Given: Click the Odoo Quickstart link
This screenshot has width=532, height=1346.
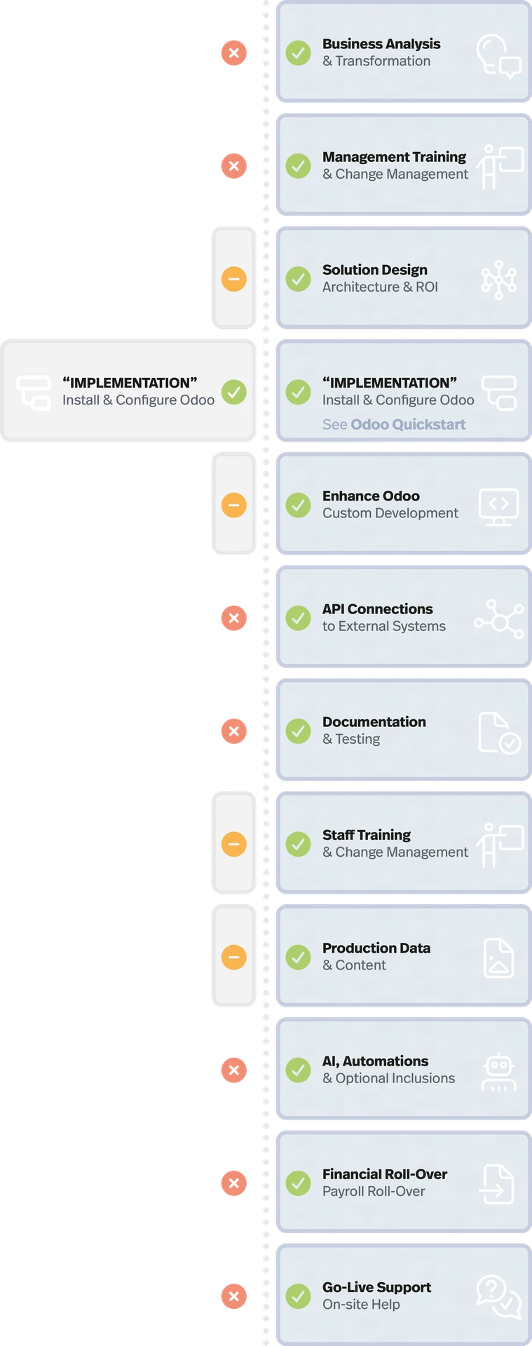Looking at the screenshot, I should point(408,424).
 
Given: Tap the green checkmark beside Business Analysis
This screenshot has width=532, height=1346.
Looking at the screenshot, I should point(298,53).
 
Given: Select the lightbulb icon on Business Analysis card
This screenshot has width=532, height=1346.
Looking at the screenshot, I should point(498,55).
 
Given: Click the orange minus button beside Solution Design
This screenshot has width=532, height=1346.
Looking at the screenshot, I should point(233,278).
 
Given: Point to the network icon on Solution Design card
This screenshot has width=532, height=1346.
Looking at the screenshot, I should point(498,279).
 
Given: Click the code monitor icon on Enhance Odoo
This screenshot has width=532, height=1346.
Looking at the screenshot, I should point(498,506).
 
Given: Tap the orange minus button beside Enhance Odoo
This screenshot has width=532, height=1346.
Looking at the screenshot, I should point(233,505).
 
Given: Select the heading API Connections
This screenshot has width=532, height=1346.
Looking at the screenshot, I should point(377,609).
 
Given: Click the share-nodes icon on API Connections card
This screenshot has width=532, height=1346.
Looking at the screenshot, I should point(498,619).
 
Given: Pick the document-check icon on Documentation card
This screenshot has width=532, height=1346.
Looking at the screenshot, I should point(498,733).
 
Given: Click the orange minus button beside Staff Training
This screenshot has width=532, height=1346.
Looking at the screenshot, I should point(233,843).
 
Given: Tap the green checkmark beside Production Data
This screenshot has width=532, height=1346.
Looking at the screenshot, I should point(298,957).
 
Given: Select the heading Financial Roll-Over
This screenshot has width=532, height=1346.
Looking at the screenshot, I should point(384,1174).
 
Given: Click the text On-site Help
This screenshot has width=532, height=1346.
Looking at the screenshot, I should point(361,1305).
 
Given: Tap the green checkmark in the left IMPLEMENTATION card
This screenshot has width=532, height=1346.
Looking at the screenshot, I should point(233,391).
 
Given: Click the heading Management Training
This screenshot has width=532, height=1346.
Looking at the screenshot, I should point(394,156).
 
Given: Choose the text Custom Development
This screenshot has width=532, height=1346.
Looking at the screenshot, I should point(390,513).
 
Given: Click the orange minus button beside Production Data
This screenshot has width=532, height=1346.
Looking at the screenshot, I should point(233,957).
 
